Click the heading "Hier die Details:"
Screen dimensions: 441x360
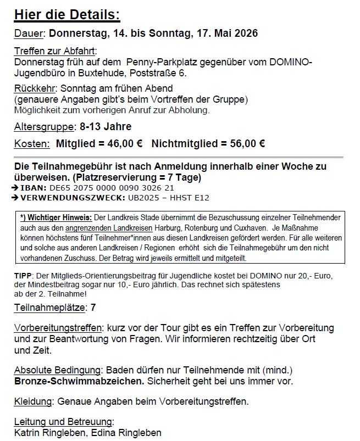point(67,14)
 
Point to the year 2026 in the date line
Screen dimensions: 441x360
point(245,33)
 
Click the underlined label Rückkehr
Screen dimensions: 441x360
point(35,88)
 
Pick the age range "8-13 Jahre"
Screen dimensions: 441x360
point(106,127)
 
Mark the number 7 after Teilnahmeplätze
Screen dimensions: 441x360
point(93,308)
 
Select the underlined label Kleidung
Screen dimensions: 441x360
point(33,401)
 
